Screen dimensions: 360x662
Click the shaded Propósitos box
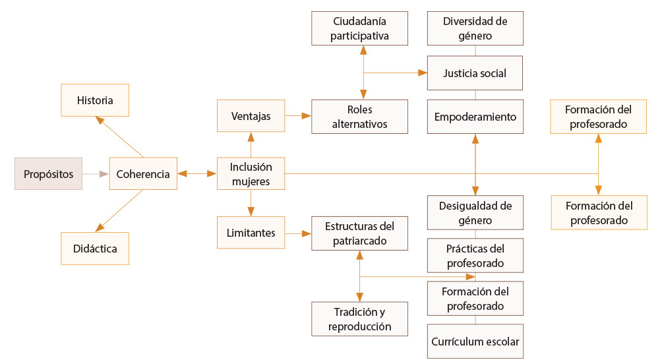(49, 173)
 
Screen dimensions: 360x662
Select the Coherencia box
(143, 174)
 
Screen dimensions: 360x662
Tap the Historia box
(95, 101)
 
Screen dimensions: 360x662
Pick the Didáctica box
(95, 249)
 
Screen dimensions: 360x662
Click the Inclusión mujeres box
(251, 174)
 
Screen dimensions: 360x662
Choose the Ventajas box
(251, 116)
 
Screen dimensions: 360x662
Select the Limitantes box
(251, 233)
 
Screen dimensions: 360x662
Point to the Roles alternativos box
(359, 116)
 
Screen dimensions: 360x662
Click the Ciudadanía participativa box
(359, 28)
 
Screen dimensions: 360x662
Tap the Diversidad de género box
(475, 28)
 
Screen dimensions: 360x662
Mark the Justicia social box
(475, 73)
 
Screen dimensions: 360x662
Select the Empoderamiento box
(475, 117)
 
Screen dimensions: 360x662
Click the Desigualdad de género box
(475, 212)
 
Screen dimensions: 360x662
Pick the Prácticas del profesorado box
(475, 255)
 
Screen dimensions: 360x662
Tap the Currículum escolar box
(475, 342)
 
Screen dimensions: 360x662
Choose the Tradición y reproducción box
(359, 318)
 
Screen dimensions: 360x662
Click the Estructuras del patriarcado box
(359, 233)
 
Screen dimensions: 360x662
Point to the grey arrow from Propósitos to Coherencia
(96, 174)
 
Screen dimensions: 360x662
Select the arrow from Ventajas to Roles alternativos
(298, 116)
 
